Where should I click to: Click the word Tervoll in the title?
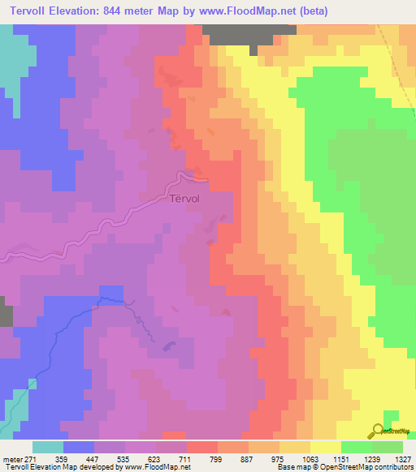click(x=28, y=11)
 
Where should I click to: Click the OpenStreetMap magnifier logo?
click(x=378, y=431)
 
